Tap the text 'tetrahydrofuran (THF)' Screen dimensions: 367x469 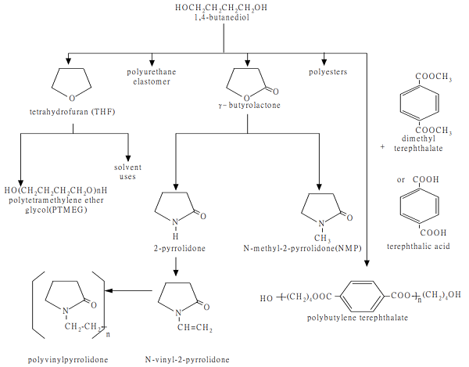[x=69, y=113]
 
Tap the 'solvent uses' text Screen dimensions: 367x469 [x=127, y=172]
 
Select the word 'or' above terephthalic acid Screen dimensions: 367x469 [x=401, y=180]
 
